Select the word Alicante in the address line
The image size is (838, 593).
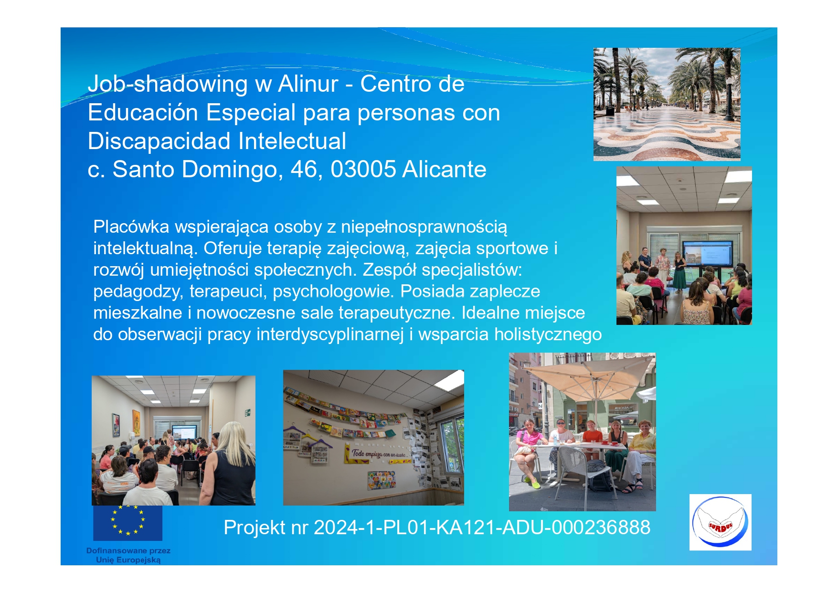(x=445, y=169)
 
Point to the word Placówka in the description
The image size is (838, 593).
(x=131, y=226)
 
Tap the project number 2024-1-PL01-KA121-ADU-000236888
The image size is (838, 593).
(x=482, y=528)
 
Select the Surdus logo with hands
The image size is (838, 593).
(x=720, y=522)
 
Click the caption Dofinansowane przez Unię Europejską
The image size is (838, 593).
(x=128, y=555)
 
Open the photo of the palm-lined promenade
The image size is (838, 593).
(x=667, y=104)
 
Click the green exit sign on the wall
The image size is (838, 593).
(x=248, y=412)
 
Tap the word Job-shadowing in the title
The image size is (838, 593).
(x=168, y=85)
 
